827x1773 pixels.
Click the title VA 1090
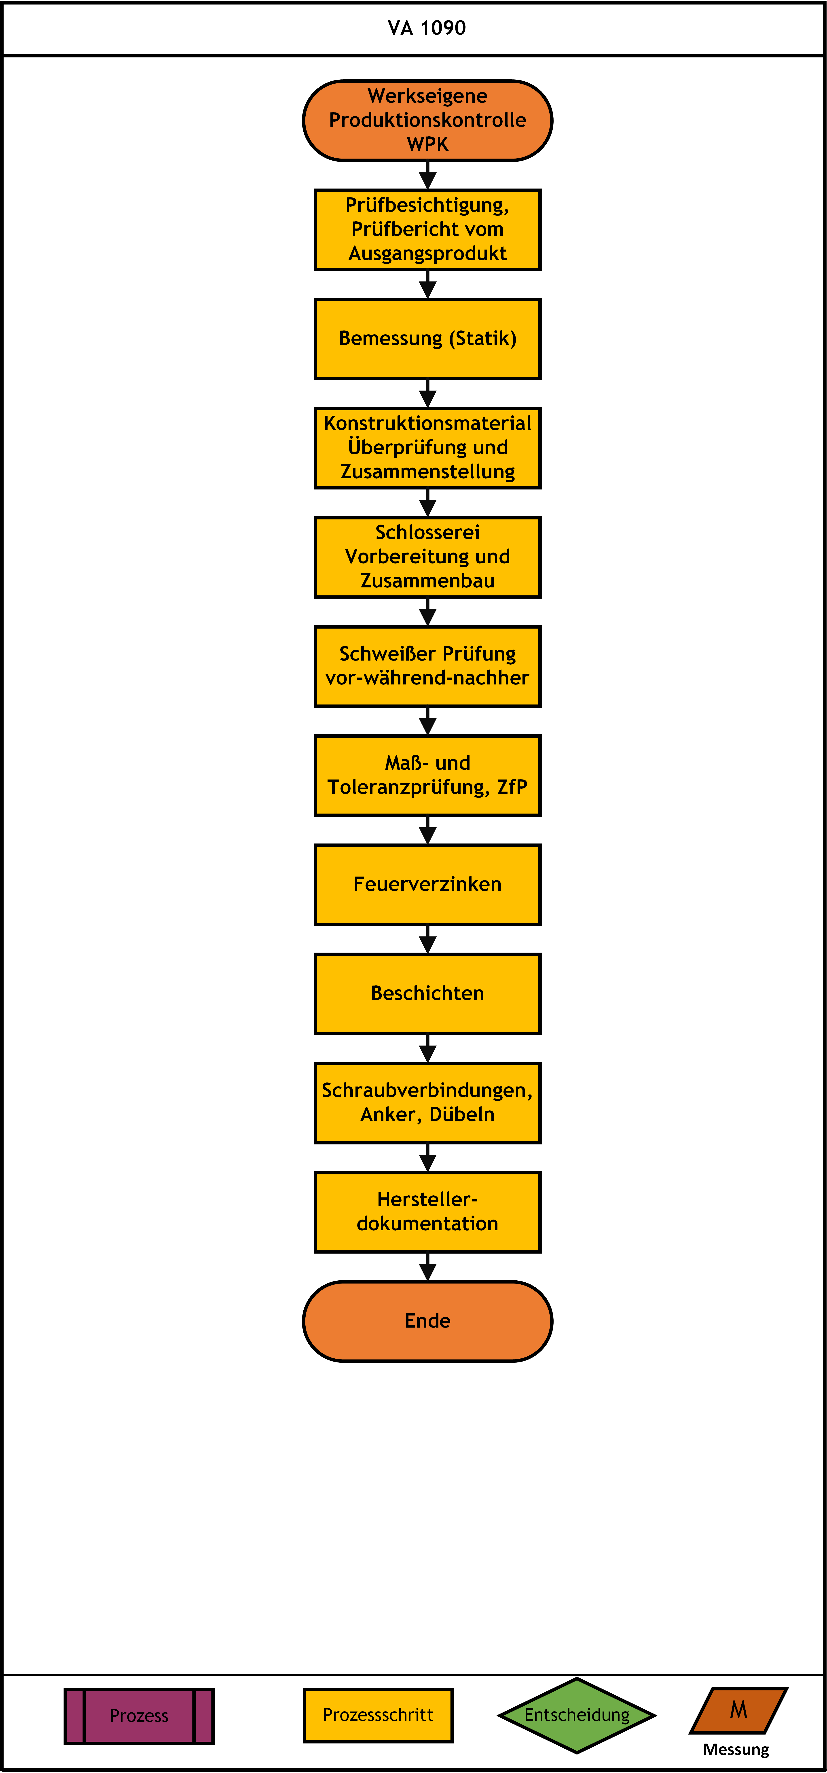[427, 28]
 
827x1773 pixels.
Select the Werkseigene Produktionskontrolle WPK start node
[427, 121]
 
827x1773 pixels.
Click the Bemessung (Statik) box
[427, 339]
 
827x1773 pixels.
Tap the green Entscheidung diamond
[577, 1715]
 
